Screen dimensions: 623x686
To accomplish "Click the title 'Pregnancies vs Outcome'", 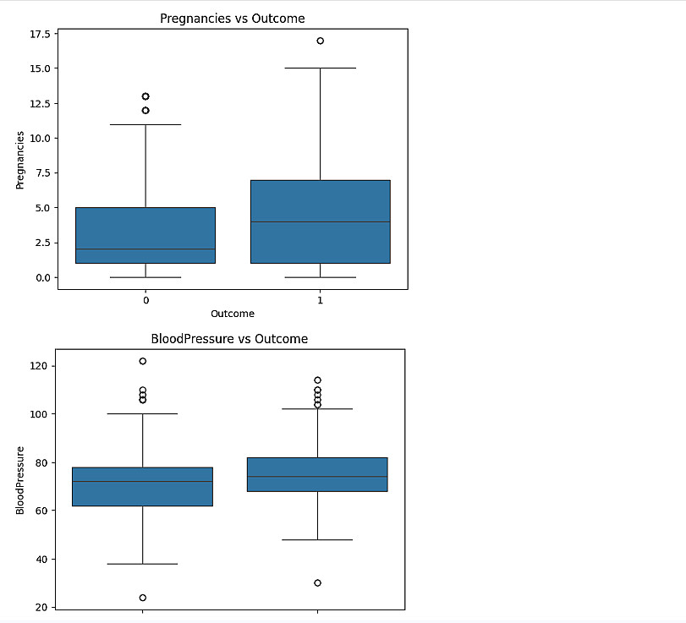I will coord(233,18).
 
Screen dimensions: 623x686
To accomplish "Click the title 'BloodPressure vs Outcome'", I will coord(229,339).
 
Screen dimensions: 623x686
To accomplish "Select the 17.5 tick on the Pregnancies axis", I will coord(40,34).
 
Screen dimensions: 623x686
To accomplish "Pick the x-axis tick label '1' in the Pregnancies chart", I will coord(320,299).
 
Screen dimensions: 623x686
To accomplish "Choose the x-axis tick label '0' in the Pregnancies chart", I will coord(145,299).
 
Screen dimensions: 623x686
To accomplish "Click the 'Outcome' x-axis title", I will coord(233,314).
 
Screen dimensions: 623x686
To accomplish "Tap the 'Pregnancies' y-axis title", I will coord(20,159).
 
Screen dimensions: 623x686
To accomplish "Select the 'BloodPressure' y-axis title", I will coord(20,480).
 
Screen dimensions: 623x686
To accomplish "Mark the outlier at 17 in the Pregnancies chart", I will coord(321,41).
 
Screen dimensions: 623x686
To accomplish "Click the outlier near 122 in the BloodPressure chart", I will coord(142,361).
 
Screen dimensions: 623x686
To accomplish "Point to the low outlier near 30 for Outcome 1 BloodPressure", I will coord(317,583).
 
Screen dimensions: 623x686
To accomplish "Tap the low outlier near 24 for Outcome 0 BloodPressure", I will coord(142,598).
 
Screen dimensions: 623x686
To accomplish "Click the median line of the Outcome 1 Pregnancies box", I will coord(320,221).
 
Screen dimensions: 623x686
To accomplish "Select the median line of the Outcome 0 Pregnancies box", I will coord(145,249).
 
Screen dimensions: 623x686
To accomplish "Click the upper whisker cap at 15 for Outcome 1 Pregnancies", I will coord(320,68).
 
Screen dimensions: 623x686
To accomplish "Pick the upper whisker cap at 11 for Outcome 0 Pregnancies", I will coord(145,124).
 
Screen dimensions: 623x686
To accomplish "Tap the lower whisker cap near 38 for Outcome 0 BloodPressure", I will coord(142,564).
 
